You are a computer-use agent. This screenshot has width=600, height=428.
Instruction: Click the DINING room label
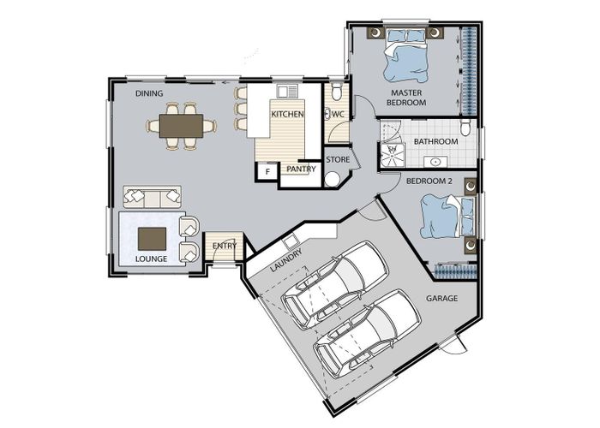149,93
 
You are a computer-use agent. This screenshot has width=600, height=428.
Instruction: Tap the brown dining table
181,126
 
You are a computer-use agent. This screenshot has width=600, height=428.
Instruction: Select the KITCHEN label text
287,114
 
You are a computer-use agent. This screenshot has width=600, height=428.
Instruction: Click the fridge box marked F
267,171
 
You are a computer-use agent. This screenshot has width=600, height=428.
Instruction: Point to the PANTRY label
301,169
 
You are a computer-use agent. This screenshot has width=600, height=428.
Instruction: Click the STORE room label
338,159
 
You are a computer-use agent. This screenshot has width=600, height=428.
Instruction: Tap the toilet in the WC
336,92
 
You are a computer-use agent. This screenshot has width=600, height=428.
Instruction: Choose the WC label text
339,114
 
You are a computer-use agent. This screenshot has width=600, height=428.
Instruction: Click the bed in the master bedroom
406,56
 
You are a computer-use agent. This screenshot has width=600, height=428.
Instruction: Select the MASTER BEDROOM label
406,98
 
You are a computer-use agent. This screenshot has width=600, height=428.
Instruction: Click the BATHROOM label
435,141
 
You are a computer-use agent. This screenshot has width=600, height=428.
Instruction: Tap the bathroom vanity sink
435,162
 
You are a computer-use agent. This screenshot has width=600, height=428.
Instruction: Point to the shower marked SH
392,155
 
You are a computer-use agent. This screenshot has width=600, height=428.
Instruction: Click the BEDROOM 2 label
429,181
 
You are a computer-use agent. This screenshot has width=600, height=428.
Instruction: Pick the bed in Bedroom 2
447,217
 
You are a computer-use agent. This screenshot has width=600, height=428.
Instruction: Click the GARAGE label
442,298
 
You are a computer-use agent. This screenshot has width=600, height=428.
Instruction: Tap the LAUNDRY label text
286,260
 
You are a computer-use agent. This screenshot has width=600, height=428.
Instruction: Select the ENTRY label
225,246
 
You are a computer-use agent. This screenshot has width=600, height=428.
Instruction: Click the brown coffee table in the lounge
152,239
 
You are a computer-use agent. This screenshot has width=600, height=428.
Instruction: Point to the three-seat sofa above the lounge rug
153,197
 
